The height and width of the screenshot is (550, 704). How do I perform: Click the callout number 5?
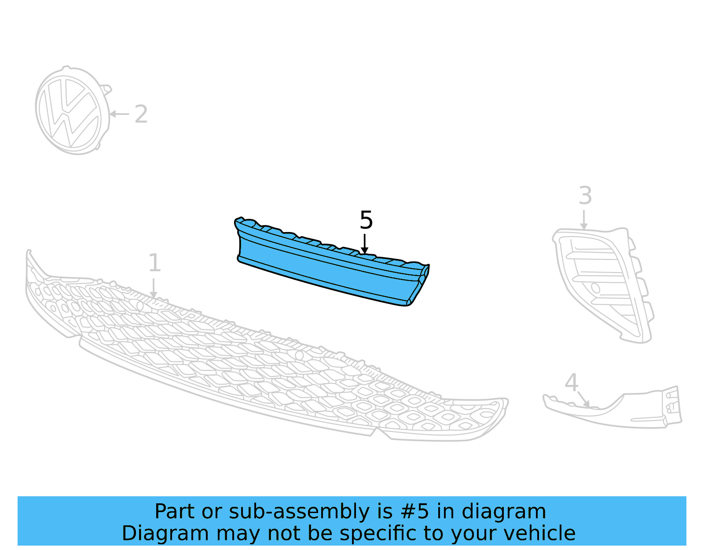click(x=366, y=220)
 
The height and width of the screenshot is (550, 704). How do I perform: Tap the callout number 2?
click(x=141, y=114)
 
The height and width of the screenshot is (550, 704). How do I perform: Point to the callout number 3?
click(x=586, y=196)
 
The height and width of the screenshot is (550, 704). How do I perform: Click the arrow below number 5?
click(x=365, y=244)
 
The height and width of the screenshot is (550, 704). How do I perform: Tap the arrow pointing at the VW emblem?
click(x=119, y=114)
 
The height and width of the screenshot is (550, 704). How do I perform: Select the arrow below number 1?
click(x=154, y=288)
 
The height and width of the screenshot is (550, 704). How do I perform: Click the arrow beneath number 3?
click(x=584, y=220)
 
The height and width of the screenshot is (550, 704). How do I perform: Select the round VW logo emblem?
click(x=73, y=110)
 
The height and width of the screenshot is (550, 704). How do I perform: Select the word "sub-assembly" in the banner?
click(x=299, y=512)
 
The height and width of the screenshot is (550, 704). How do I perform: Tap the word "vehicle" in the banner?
click(x=546, y=533)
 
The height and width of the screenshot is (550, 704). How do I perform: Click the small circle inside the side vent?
click(x=595, y=288)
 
